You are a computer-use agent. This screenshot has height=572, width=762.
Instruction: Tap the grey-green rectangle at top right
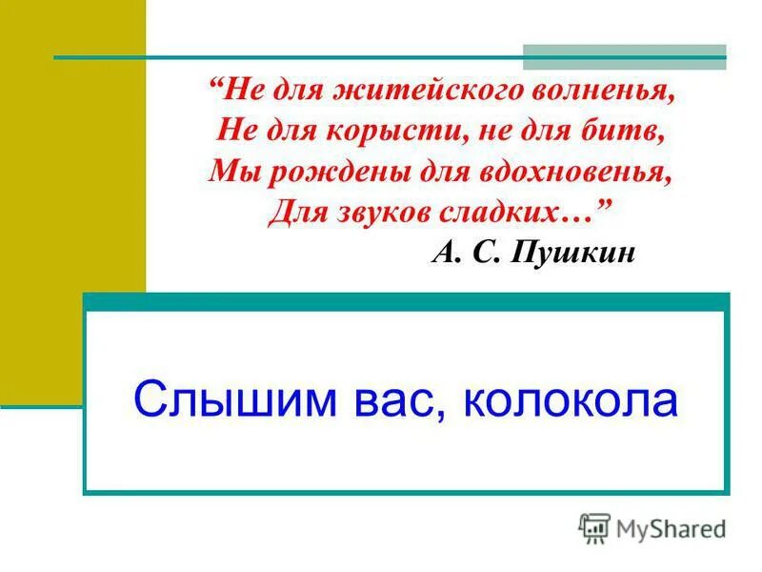coord(624,51)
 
